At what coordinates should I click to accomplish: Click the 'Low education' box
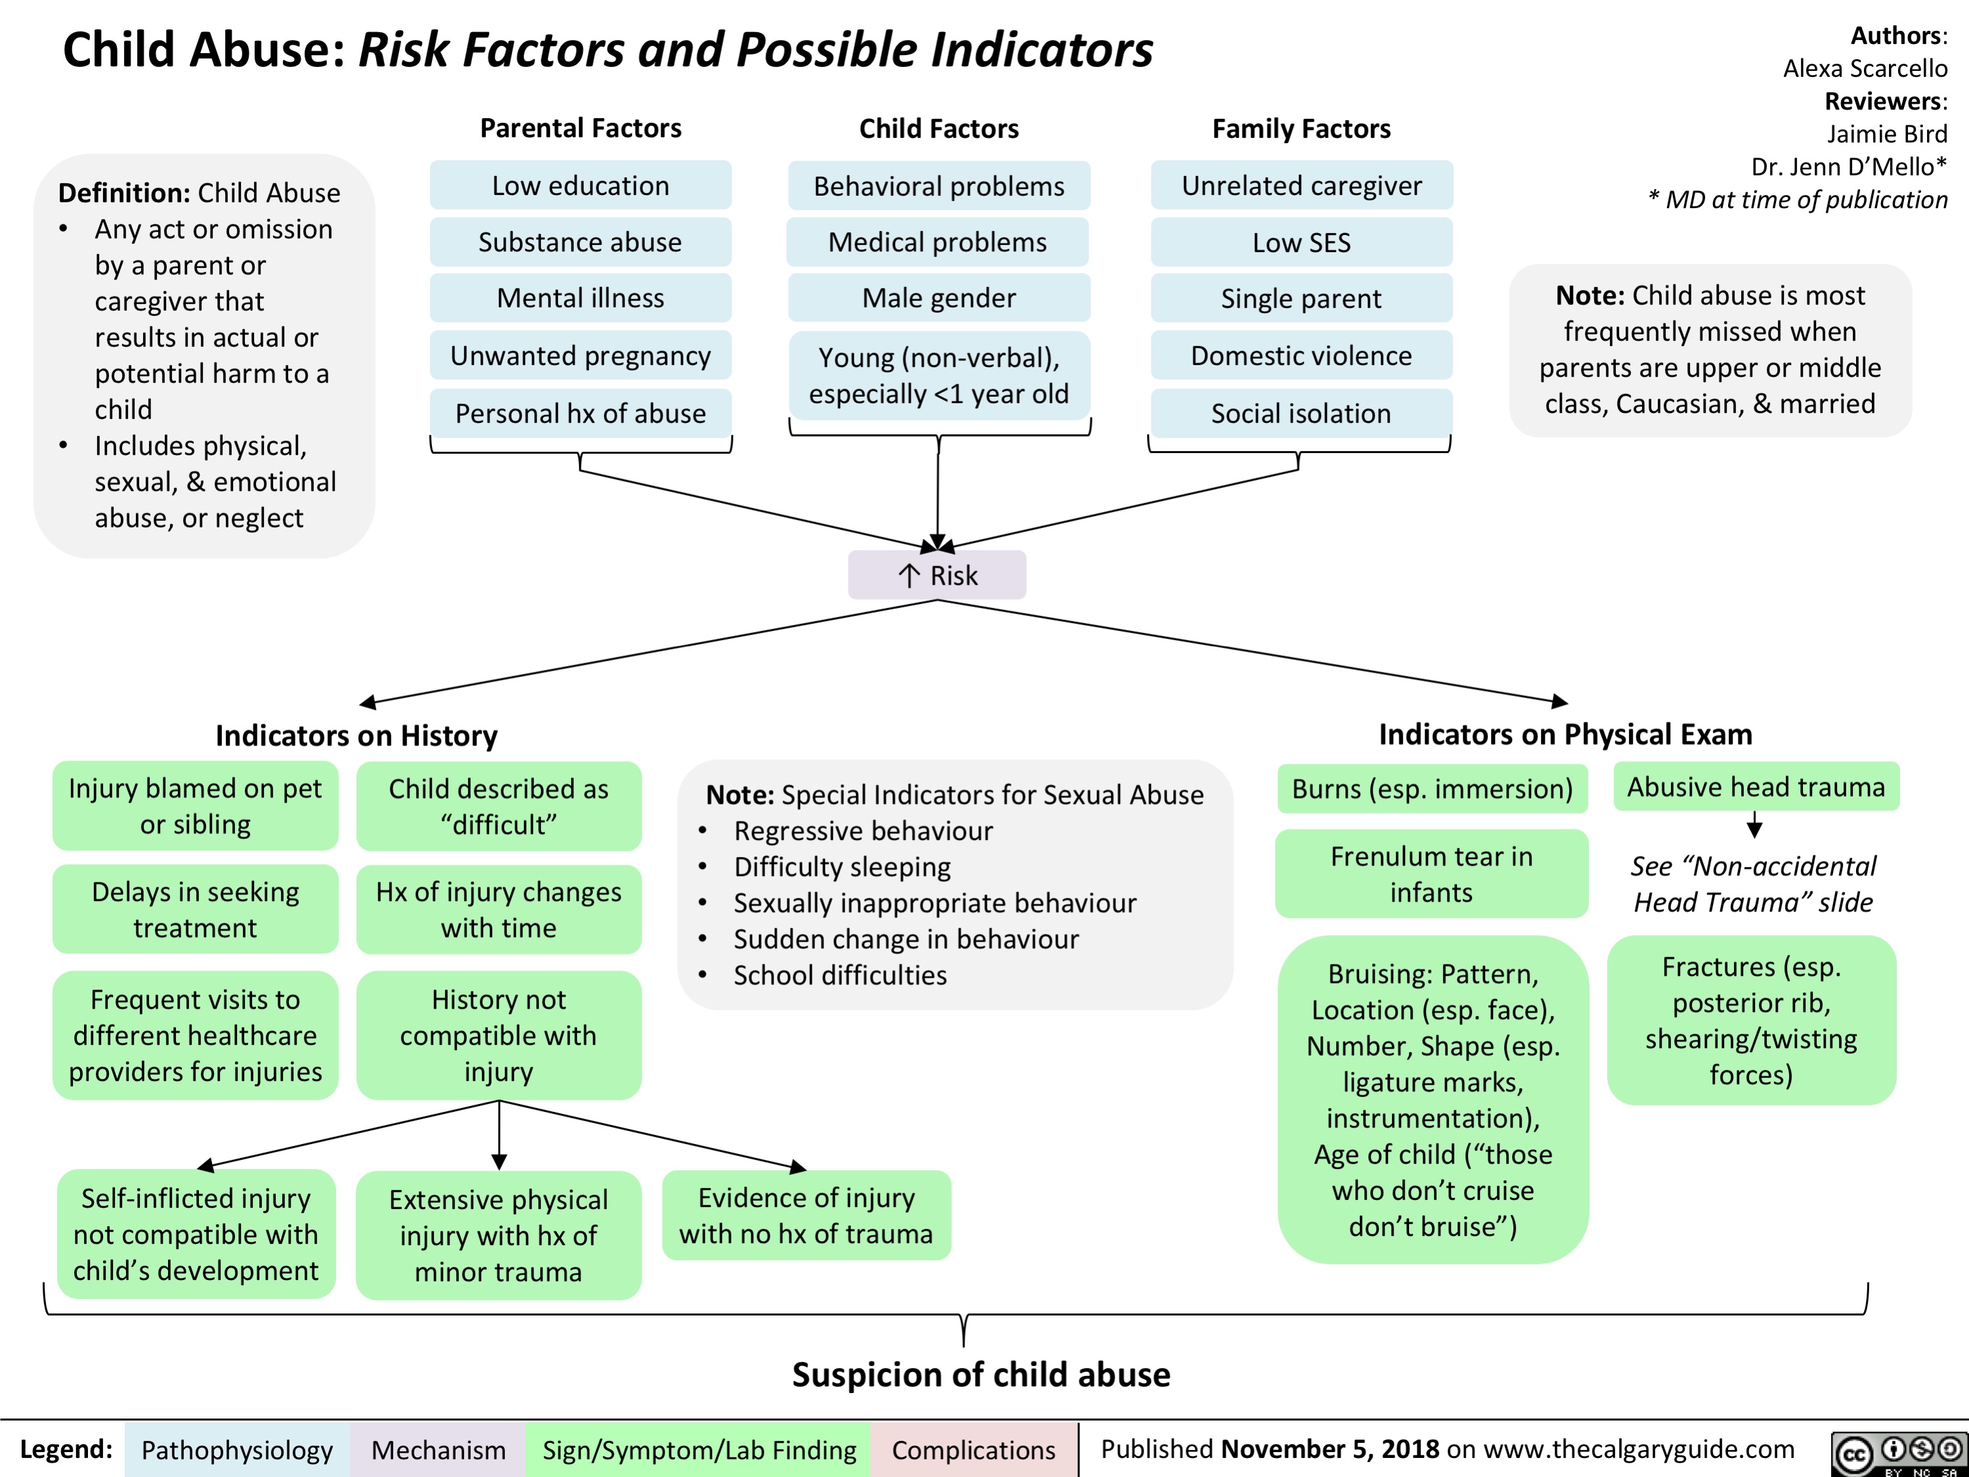click(x=580, y=185)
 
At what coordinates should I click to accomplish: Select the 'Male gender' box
click(x=938, y=298)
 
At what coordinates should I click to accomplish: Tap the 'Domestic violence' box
click(x=1301, y=355)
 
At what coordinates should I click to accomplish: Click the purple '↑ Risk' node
click(x=938, y=575)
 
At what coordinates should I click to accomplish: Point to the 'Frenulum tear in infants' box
click(x=1431, y=873)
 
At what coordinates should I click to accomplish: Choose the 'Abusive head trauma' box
click(x=1756, y=787)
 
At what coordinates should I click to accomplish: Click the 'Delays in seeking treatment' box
click(x=195, y=909)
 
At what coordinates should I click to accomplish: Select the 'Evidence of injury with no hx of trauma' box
click(x=806, y=1215)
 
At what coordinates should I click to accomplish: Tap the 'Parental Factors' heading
click(x=580, y=128)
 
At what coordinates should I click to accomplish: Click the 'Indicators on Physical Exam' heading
click(x=1565, y=734)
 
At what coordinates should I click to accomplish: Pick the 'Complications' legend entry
click(x=973, y=1449)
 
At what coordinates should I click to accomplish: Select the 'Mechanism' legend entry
click(x=438, y=1449)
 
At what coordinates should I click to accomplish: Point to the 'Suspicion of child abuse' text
click(x=981, y=1375)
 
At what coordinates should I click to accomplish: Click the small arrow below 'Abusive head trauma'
click(x=1754, y=826)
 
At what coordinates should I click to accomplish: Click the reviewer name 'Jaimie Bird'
click(x=1886, y=133)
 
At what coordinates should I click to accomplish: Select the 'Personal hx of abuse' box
click(x=580, y=413)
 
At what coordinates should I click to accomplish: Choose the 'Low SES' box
click(x=1301, y=242)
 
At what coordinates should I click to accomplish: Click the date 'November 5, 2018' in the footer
click(x=1330, y=1449)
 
